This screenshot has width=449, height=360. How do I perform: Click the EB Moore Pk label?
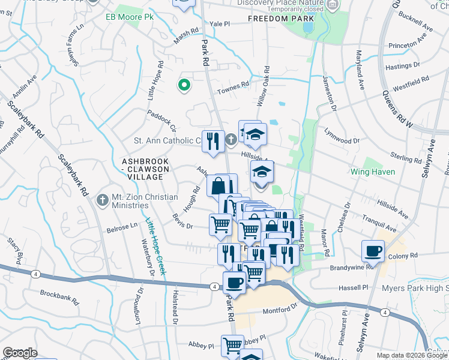pyautogui.click(x=130, y=17)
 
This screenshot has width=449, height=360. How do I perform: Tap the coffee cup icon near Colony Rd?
pyautogui.click(x=373, y=251)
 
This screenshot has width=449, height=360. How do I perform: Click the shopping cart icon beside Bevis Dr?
pyautogui.click(x=220, y=225)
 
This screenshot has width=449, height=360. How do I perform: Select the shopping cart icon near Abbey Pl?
pyautogui.click(x=232, y=345)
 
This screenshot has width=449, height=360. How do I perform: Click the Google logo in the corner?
pyautogui.click(x=20, y=352)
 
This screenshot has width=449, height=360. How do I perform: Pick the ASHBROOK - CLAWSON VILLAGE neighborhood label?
pyautogui.click(x=143, y=169)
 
